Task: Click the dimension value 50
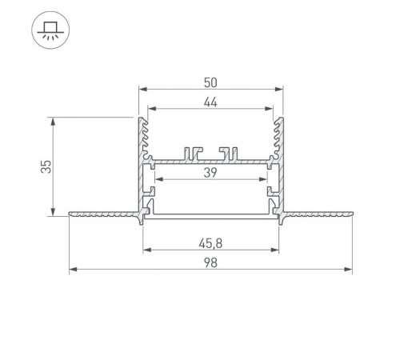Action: point(210,82)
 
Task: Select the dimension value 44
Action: point(210,102)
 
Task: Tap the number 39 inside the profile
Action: point(210,173)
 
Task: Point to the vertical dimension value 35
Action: point(46,166)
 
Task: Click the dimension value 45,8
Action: point(210,243)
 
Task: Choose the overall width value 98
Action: point(210,262)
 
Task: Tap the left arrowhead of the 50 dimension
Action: point(143,89)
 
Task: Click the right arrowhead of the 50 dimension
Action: point(278,89)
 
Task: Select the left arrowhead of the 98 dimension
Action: point(74,270)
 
